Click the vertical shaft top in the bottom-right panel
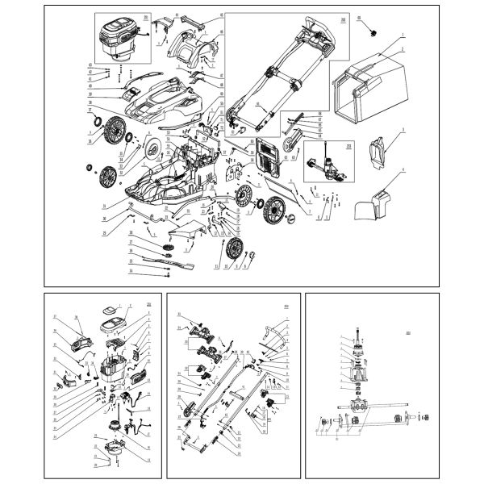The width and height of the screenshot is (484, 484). tap(354, 339)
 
